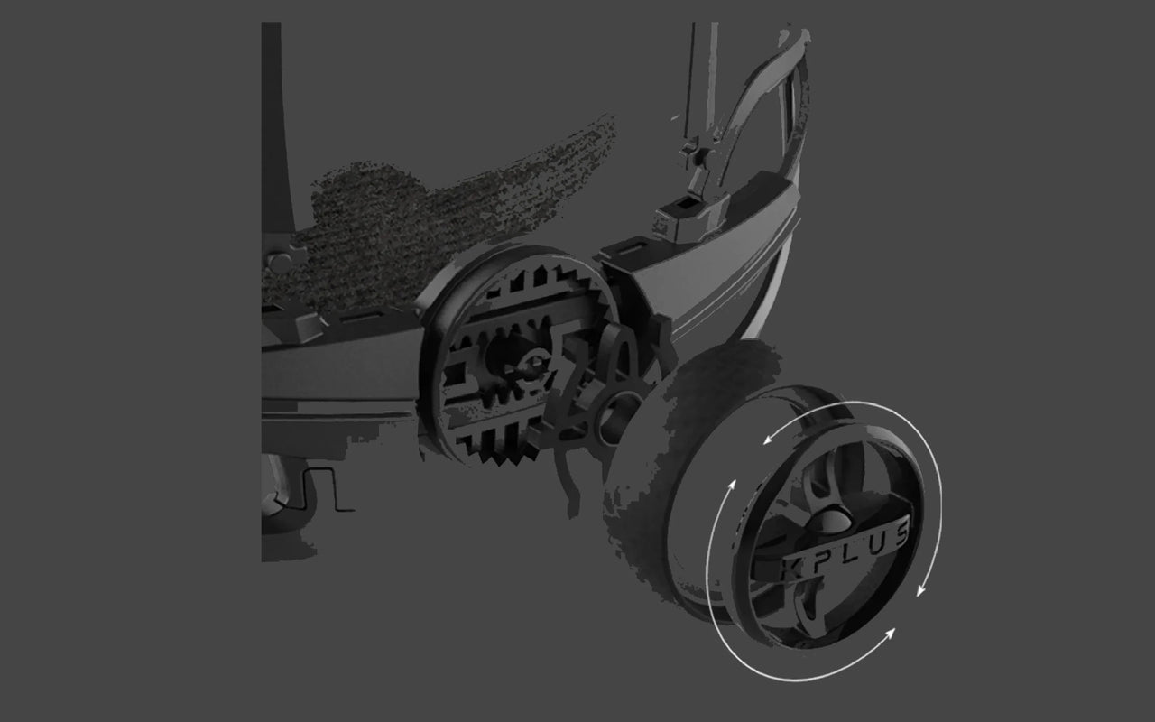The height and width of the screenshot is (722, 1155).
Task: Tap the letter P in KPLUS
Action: [x=820, y=558]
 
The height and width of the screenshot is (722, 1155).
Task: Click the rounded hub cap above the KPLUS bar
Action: [x=831, y=519]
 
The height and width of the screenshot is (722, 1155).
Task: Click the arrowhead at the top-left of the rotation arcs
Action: [x=770, y=439]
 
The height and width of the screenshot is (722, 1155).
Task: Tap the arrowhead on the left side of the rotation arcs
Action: [x=731, y=486]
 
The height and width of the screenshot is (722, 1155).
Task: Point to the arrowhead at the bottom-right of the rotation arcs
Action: [x=889, y=634]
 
